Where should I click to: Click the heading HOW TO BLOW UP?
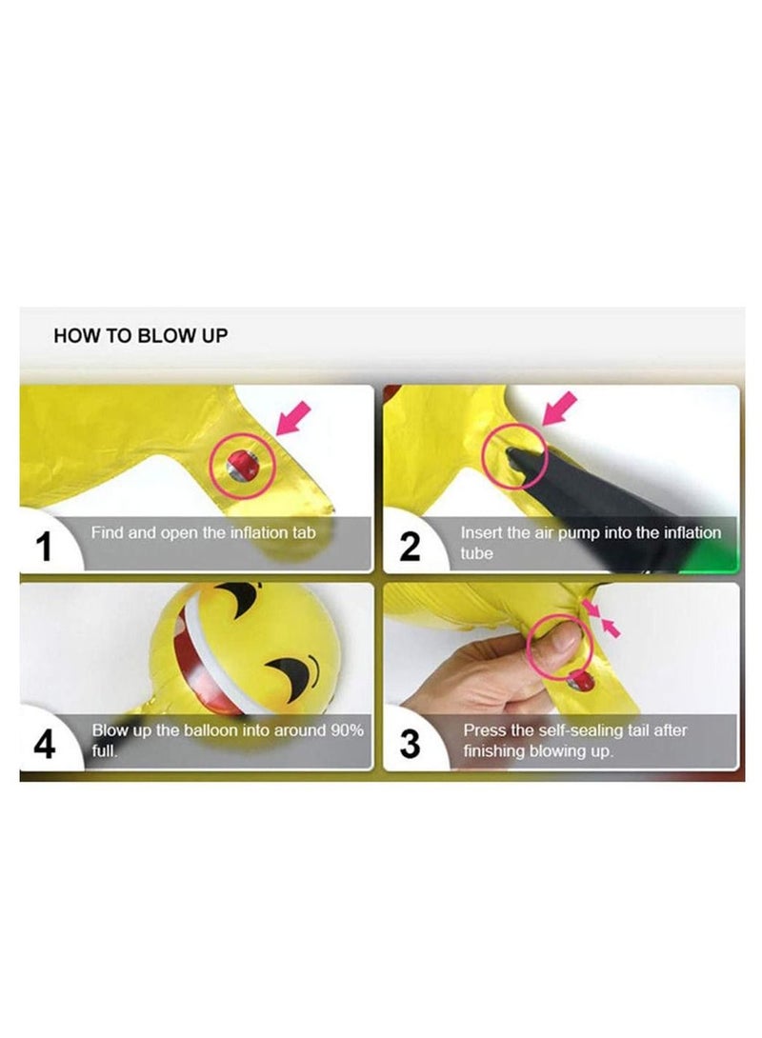point(140,335)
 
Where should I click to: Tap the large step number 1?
point(44,547)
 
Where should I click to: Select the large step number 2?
point(410,547)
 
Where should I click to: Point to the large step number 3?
point(410,744)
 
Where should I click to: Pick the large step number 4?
point(45,744)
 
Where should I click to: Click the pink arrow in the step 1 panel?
point(292,419)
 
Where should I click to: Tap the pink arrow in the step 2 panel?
point(559,409)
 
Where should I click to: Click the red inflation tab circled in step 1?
point(243,466)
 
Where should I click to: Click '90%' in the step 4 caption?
point(347,730)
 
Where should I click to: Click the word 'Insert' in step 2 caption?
point(481,532)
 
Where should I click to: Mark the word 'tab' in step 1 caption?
point(303,532)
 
